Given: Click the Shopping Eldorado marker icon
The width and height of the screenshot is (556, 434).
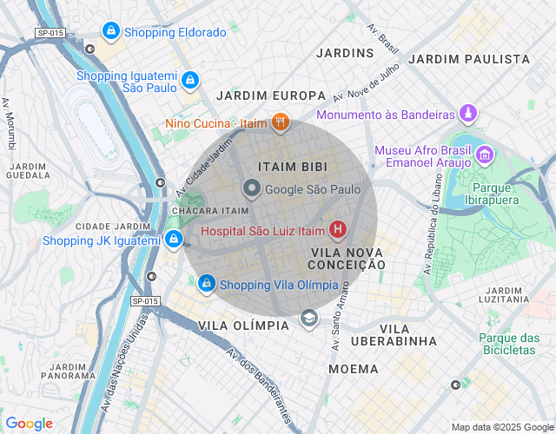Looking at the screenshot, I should [110, 32].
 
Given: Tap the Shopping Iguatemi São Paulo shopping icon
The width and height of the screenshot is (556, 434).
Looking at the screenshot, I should [189, 80].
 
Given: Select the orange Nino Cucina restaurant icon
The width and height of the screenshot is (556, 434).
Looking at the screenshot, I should [279, 123].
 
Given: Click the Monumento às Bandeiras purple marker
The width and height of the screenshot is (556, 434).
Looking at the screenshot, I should [468, 114].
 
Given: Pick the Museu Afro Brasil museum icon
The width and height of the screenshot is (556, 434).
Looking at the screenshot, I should [484, 156].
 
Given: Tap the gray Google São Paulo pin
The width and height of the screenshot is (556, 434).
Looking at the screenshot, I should [252, 188].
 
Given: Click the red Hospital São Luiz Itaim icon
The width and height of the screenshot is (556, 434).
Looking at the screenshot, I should [337, 230].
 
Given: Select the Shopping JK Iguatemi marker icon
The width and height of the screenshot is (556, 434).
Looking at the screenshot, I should [174, 240].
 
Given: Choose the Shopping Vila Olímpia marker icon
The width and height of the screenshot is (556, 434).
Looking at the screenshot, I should [207, 284].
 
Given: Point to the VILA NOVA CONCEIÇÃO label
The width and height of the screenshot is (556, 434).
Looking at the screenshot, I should [347, 258].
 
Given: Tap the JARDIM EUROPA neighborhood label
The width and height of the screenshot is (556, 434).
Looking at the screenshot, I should [271, 95].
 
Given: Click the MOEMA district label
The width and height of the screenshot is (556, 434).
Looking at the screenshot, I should [354, 369].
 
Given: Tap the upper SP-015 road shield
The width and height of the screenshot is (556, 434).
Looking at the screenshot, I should [50, 33].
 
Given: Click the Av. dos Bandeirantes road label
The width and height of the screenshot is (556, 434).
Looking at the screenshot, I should [259, 387].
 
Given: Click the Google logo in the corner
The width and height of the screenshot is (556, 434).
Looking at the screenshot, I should [29, 424].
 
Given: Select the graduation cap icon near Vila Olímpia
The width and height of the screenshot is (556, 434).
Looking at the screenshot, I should [308, 319].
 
